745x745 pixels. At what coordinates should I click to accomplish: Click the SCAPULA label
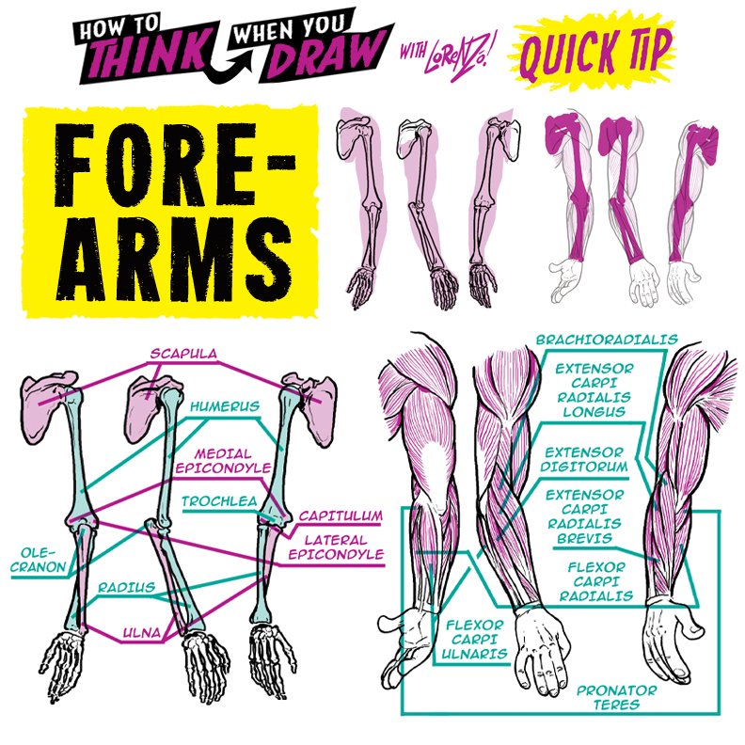click(x=183, y=355)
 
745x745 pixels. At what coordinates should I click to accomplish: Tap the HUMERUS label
click(x=224, y=407)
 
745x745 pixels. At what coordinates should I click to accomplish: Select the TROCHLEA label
click(x=219, y=501)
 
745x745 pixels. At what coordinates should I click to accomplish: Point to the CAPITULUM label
click(x=341, y=516)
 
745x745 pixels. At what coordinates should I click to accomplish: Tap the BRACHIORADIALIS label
click(x=607, y=339)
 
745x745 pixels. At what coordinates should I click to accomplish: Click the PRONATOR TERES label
click(x=616, y=697)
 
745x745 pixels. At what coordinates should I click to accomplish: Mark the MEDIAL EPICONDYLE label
click(x=223, y=458)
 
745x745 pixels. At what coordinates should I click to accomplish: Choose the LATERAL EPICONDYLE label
click(x=343, y=547)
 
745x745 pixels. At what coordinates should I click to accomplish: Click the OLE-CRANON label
click(x=40, y=560)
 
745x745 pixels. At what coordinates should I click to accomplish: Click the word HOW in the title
click(x=104, y=23)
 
